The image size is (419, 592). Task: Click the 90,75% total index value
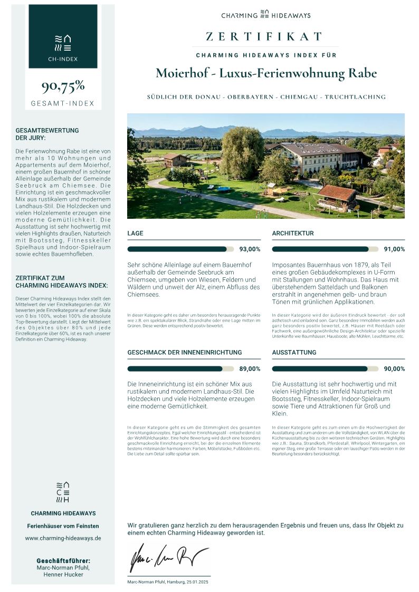(x=63, y=86)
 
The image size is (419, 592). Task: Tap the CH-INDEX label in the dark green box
(x=63, y=59)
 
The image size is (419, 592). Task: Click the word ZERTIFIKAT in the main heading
(x=264, y=36)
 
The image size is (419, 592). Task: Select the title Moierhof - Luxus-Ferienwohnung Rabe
(x=266, y=73)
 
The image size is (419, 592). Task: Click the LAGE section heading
(x=136, y=233)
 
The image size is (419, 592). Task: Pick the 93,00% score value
(x=250, y=249)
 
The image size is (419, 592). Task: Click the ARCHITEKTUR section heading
(x=293, y=233)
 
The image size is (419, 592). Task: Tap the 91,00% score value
(x=395, y=249)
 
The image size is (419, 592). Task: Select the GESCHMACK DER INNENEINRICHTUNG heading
(x=185, y=352)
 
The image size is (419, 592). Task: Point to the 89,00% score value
(x=250, y=369)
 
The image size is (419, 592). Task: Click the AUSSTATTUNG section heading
(x=294, y=352)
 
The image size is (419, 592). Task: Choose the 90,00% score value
(x=395, y=369)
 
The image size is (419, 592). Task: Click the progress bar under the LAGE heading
(x=180, y=249)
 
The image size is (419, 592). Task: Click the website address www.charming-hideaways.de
(x=63, y=538)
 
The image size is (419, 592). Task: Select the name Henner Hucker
(x=63, y=575)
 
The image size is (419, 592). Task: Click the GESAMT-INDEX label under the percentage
(x=63, y=103)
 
